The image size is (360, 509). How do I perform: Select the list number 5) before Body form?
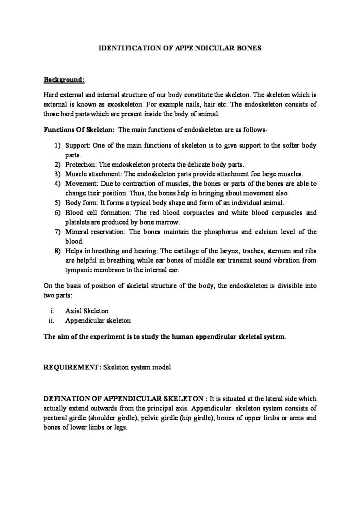pyautogui.click(x=57, y=203)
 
